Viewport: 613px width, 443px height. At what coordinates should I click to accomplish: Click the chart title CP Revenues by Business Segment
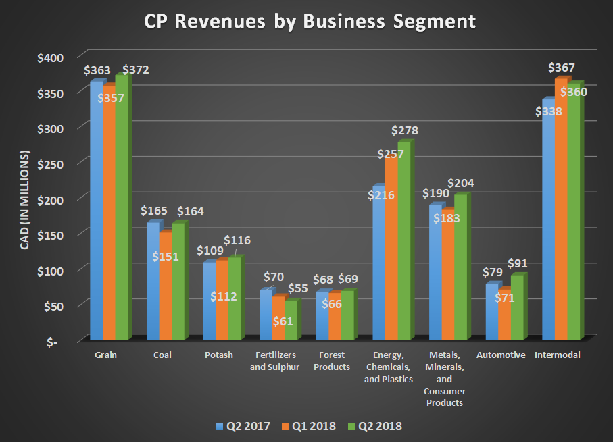tap(310, 21)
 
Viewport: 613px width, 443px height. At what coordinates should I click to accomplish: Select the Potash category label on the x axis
tap(218, 355)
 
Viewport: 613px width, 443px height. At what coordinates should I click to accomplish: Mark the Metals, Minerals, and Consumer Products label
tap(445, 378)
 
